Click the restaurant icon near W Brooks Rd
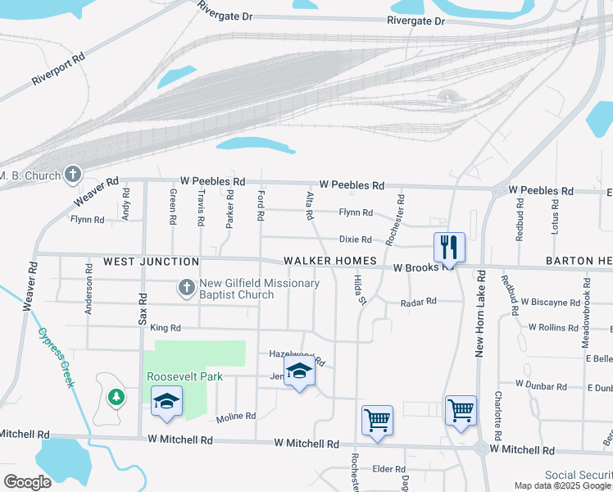tap(448, 246)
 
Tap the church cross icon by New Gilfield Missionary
tap(186, 289)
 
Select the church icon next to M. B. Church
tap(73, 175)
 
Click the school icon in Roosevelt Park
tap(166, 401)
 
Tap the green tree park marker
tap(116, 397)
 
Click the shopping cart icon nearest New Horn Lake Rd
tap(461, 408)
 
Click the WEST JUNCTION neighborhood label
tap(151, 262)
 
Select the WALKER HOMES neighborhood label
tap(329, 262)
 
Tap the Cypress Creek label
tap(56, 358)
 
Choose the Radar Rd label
tap(418, 303)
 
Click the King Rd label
tap(165, 328)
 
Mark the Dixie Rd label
tap(356, 239)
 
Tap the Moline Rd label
tap(236, 417)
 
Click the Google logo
tap(27, 481)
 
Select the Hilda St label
tap(358, 290)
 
